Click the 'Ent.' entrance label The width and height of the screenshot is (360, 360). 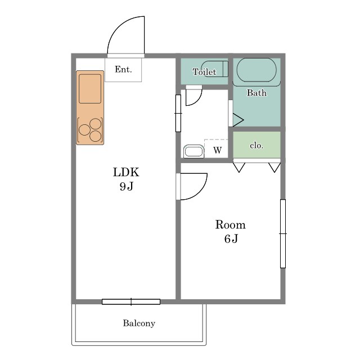(123, 69)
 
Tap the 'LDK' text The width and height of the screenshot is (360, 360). (126, 172)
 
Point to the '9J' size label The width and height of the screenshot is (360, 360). (126, 186)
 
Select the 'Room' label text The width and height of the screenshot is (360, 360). (230, 224)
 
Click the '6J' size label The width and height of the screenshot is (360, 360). (231, 238)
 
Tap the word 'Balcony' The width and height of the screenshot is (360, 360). (139, 323)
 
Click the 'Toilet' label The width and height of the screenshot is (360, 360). (204, 72)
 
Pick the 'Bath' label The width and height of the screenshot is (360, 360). (256, 93)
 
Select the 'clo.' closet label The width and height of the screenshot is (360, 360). (256, 145)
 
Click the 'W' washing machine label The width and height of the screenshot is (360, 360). (218, 150)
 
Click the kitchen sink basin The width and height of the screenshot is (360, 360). (90, 89)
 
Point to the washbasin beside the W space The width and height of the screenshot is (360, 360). (193, 151)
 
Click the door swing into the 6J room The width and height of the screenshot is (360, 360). (200, 192)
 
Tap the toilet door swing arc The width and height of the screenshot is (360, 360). (197, 101)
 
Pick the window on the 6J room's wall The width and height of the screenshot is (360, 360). (283, 234)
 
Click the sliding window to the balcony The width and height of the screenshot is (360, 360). (131, 301)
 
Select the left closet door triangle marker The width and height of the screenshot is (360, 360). (239, 168)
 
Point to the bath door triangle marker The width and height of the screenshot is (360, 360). (238, 120)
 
